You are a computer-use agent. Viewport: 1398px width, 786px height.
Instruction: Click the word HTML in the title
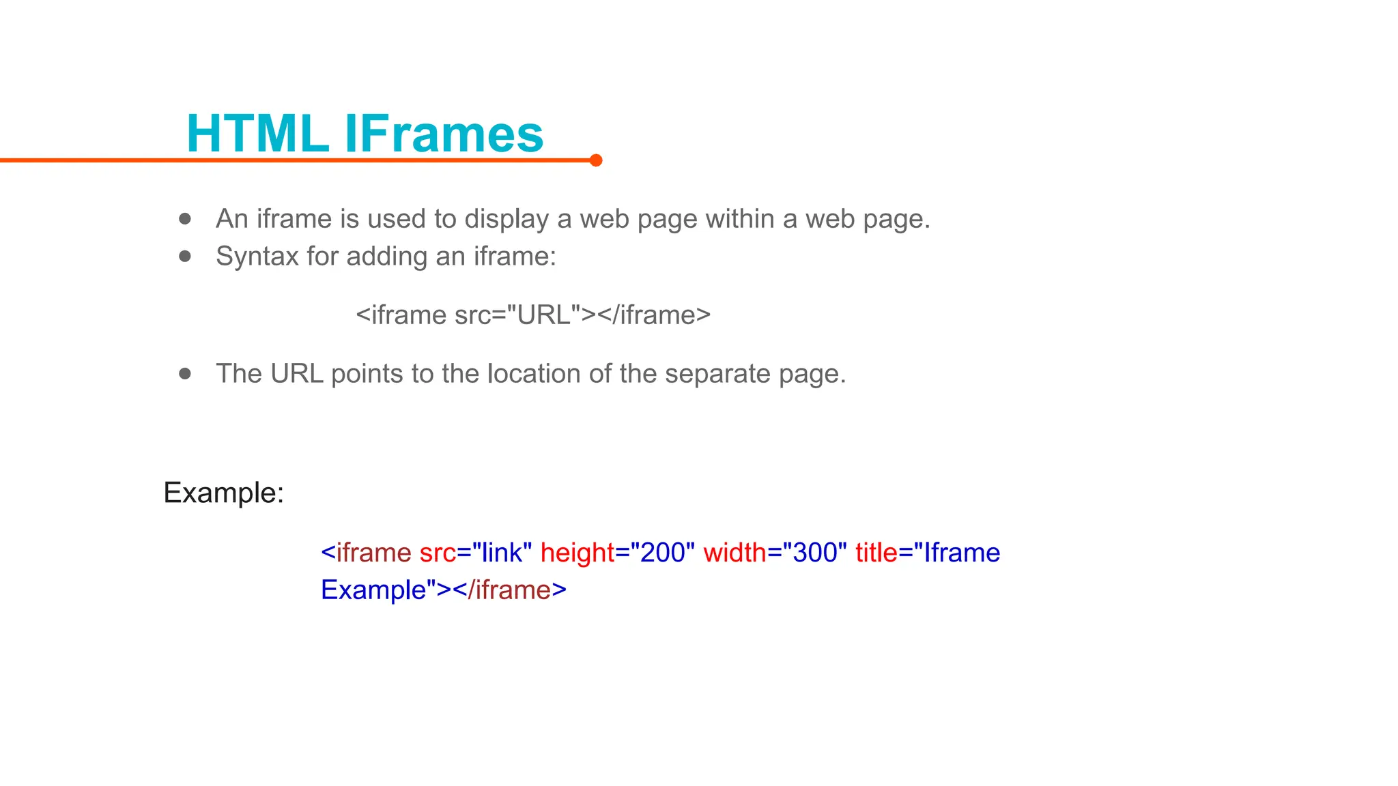(257, 133)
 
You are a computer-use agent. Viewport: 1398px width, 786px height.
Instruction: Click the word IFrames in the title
(444, 133)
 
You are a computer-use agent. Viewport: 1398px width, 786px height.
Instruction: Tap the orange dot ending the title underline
(596, 160)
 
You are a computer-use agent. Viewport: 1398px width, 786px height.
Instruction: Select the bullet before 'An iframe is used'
(185, 219)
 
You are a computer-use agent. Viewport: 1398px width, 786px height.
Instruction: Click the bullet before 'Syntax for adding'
(185, 257)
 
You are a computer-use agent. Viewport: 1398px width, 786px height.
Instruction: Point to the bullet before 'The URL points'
(185, 374)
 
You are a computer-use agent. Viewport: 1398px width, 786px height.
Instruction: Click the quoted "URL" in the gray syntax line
(543, 315)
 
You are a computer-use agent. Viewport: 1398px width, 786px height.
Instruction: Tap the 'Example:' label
(223, 493)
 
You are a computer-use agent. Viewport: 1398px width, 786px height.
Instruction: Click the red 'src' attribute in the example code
(438, 553)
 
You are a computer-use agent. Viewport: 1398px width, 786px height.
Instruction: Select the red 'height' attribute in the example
(577, 553)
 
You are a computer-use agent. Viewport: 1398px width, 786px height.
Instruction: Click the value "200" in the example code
(662, 553)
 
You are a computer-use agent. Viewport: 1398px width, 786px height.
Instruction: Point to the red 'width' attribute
(734, 553)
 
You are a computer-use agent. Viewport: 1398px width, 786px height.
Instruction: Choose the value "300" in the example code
(814, 553)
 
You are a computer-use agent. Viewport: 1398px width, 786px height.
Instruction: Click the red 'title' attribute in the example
(876, 553)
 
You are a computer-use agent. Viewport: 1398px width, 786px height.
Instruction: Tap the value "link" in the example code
(501, 553)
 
